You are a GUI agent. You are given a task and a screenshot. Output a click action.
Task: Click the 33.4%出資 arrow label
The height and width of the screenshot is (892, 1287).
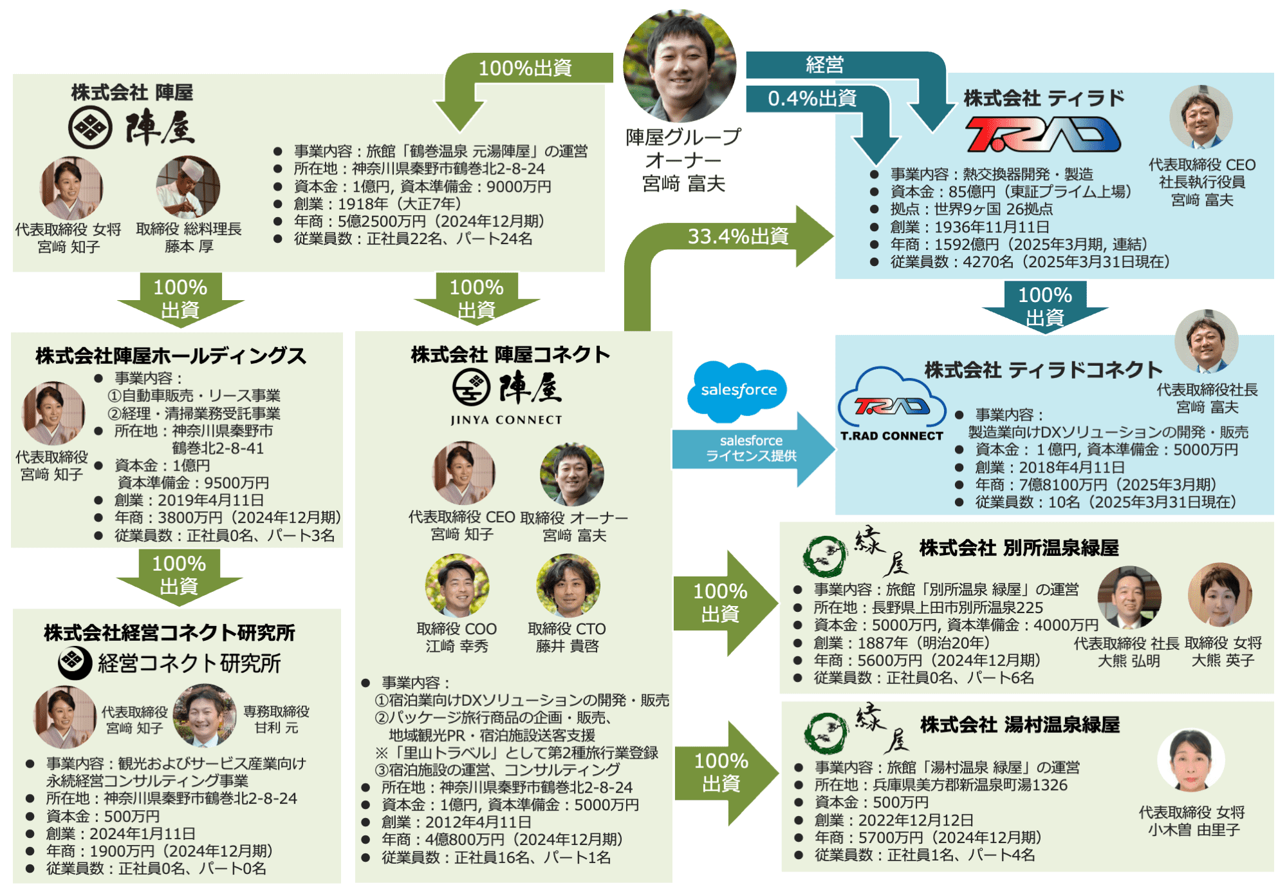click(738, 236)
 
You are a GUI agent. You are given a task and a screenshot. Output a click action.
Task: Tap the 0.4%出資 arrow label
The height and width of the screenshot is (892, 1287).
click(812, 98)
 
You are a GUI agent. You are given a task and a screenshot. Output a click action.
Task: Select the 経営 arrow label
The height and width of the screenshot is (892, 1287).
click(824, 64)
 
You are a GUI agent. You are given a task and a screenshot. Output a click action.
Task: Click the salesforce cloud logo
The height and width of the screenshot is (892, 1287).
click(738, 389)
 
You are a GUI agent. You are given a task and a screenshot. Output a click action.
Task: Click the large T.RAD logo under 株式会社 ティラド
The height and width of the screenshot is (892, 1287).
click(1042, 135)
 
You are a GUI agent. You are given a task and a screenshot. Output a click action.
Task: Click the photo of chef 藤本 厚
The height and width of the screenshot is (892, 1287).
click(188, 187)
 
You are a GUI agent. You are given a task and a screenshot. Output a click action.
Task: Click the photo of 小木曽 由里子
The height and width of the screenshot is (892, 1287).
click(1190, 760)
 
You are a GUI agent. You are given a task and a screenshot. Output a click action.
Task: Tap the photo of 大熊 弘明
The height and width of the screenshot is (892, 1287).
click(1129, 598)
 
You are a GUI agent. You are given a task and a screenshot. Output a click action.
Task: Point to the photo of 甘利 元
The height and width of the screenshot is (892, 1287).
click(205, 715)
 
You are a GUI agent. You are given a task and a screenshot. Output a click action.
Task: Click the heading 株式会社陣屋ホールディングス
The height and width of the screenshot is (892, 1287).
click(171, 356)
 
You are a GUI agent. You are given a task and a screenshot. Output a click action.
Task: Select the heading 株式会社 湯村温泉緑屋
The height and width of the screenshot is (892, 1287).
click(1020, 725)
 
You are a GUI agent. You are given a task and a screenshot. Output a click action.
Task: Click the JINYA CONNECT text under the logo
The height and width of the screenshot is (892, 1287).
click(506, 420)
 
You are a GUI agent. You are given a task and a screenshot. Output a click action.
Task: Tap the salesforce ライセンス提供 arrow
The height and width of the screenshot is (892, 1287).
click(752, 448)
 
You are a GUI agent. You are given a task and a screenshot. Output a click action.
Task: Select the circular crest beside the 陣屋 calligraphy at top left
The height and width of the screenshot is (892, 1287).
click(90, 128)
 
